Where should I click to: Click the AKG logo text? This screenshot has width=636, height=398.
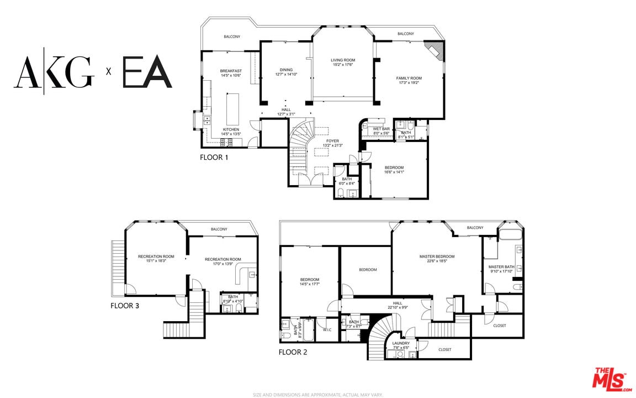click(x=54, y=72)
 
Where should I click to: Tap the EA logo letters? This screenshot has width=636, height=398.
click(x=147, y=72)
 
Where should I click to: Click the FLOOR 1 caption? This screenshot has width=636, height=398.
click(x=214, y=157)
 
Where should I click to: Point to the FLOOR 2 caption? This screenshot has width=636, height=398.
click(x=293, y=352)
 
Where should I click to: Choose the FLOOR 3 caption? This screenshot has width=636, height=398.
click(x=125, y=305)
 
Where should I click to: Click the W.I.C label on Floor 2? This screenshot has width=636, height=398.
click(x=327, y=330)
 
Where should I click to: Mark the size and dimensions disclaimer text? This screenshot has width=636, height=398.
click(x=318, y=395)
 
